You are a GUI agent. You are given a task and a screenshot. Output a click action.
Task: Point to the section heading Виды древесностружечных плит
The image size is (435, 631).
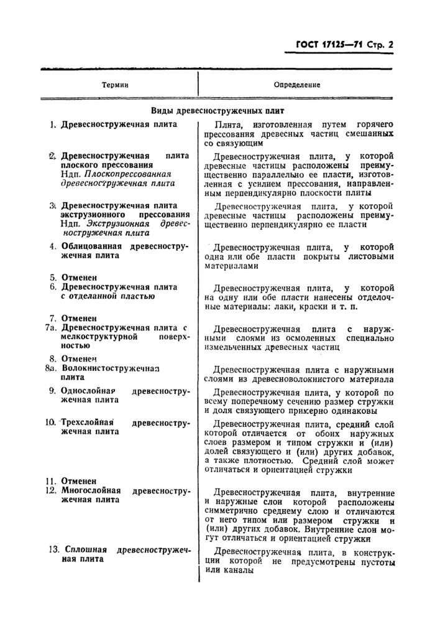217,111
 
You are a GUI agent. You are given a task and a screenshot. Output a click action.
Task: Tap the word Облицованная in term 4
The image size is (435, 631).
93,246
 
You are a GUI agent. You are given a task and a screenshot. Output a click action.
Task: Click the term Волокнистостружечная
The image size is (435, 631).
111,368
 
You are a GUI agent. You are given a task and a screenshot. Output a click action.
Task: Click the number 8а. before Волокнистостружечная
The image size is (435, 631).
51,368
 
